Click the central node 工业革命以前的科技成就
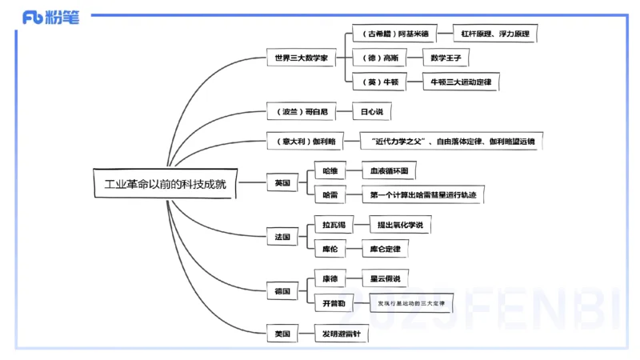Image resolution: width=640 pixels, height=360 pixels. [x=166, y=183]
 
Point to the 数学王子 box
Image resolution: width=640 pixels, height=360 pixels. [x=446, y=58]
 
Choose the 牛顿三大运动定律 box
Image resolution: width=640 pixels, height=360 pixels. [x=461, y=82]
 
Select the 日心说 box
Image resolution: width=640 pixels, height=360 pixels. [x=372, y=113]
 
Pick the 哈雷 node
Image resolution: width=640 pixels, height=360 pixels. [x=330, y=194]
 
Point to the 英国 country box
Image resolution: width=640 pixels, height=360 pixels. [x=282, y=183]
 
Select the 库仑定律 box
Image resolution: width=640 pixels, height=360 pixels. [x=385, y=250]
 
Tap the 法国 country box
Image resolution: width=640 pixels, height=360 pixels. [x=282, y=237]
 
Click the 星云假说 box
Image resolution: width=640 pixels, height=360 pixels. [x=384, y=279]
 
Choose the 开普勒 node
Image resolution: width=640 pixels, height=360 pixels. [x=334, y=303]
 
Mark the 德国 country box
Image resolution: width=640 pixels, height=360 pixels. [x=282, y=291]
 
